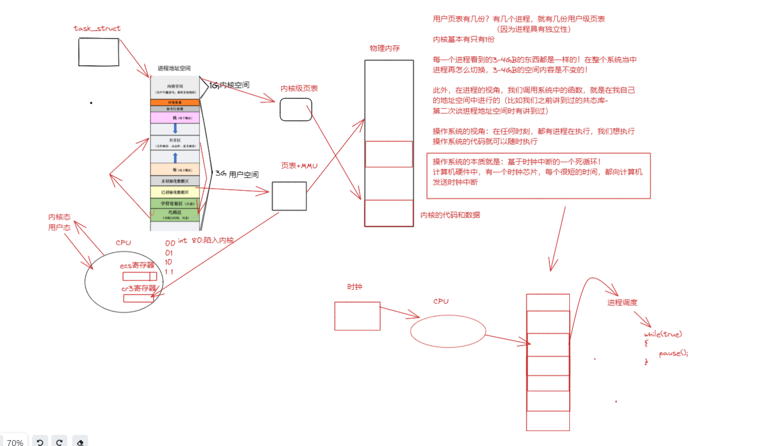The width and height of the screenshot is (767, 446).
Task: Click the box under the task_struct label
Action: pos(98,52)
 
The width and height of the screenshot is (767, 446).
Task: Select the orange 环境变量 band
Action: pos(175,102)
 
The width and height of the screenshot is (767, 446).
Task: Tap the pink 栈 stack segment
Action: pos(175,117)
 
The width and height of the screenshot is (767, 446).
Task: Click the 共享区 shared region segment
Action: pos(175,142)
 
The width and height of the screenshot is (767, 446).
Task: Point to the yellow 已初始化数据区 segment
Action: pos(175,191)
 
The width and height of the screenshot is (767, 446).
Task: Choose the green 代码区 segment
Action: pos(175,215)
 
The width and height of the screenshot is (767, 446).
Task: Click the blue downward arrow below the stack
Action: pos(175,129)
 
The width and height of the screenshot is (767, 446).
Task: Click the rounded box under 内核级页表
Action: pos(296,110)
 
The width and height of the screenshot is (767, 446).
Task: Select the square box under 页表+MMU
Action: pos(289,196)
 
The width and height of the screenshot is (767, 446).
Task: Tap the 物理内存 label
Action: pos(384,49)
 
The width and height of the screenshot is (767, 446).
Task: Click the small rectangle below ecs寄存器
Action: pos(140,276)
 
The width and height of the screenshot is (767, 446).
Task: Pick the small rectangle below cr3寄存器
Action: pos(138,298)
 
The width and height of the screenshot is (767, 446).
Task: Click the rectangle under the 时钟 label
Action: pos(357,316)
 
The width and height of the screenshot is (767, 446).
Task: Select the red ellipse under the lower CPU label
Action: pos(448,331)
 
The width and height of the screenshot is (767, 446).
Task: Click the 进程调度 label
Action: pos(622,303)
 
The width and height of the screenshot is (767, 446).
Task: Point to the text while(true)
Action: pos(663,334)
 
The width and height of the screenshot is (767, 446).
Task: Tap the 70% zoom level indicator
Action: pos(15,442)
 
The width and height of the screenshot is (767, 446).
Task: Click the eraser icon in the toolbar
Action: pos(80,442)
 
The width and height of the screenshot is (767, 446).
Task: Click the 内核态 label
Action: pos(59,217)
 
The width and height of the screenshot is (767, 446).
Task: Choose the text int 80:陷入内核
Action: pos(206,241)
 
